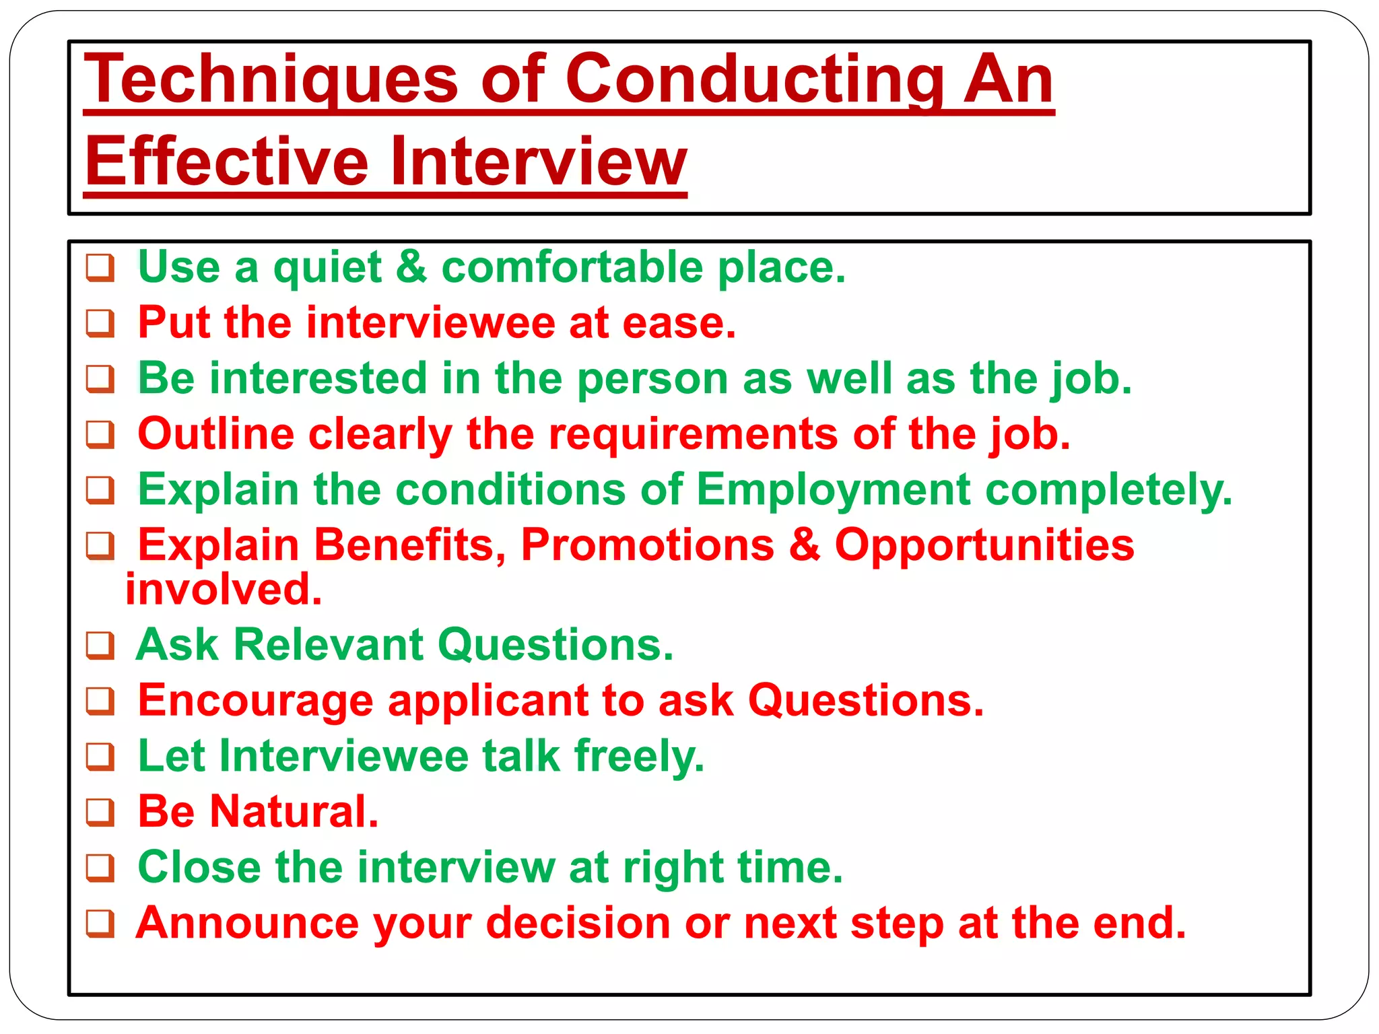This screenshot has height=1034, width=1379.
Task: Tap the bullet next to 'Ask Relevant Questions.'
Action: [x=100, y=646]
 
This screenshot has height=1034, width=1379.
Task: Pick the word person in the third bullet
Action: [x=653, y=378]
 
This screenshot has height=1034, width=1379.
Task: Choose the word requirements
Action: [x=694, y=434]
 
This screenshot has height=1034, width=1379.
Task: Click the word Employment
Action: [x=834, y=489]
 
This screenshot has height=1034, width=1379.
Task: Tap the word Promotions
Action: [x=647, y=545]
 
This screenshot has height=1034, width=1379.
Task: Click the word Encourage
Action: [x=255, y=701]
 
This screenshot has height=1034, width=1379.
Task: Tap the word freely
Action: [x=639, y=756]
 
